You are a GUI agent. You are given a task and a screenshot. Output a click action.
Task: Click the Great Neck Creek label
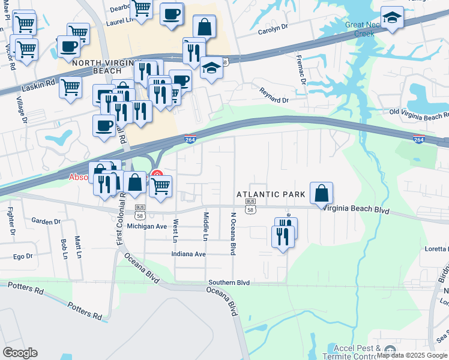click(x=360, y=29)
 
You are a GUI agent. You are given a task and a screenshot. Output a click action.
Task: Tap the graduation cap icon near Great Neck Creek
click(x=392, y=19)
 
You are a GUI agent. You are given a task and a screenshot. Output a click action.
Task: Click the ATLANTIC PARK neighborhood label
click(x=271, y=194)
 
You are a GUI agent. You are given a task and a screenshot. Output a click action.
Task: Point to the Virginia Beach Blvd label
click(x=356, y=211)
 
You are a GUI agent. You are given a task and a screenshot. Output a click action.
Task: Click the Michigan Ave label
click(x=149, y=226)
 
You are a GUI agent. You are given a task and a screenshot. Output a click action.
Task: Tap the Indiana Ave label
click(x=188, y=254)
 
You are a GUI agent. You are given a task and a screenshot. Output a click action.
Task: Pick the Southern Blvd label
click(x=229, y=282)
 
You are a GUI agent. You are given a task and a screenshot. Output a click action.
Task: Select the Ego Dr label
click(x=23, y=256)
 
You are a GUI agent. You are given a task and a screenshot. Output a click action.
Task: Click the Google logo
click(x=20, y=352)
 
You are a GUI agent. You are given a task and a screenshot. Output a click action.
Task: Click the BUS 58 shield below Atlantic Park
click(x=250, y=207)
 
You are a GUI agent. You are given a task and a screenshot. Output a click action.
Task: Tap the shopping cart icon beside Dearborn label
click(x=141, y=9)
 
